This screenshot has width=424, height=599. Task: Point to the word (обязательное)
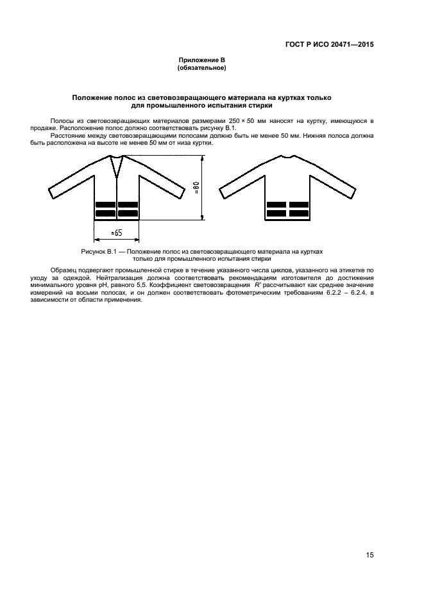click(x=201, y=67)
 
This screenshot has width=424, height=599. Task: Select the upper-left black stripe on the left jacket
click(x=105, y=205)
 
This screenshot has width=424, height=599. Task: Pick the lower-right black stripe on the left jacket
click(x=128, y=213)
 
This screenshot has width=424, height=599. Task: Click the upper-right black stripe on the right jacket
click(x=299, y=205)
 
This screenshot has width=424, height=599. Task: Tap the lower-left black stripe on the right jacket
click(x=276, y=213)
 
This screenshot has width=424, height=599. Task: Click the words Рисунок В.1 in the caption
click(x=96, y=252)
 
